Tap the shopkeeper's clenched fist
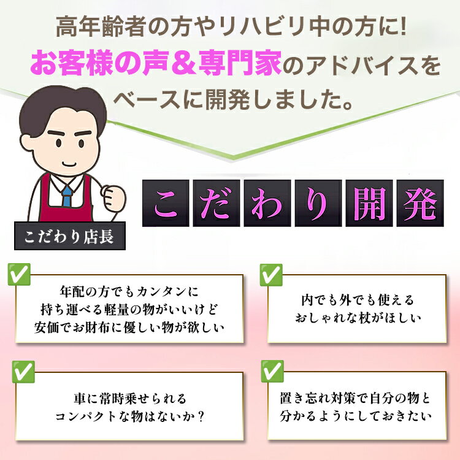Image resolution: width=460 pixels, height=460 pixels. (x=113, y=197)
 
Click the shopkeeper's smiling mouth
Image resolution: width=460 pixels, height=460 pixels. (x=69, y=164)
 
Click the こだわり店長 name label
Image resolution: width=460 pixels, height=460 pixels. (x=70, y=236)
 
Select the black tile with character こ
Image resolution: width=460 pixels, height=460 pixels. (x=166, y=203)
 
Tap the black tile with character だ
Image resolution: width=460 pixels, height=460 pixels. (x=217, y=203)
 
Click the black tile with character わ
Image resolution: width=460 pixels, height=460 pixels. (x=267, y=203)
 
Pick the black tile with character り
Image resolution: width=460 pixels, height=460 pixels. (x=318, y=203)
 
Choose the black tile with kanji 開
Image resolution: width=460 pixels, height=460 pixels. (x=369, y=203)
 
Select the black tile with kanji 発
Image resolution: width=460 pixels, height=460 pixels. (x=420, y=203)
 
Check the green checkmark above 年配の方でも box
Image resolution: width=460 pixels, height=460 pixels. (x=19, y=274)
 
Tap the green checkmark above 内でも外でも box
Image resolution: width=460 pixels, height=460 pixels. (x=271, y=275)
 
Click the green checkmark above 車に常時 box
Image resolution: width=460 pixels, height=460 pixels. (x=23, y=372)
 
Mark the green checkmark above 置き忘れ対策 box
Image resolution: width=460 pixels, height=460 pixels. (x=272, y=371)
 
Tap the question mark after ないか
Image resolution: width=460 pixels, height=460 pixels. (x=201, y=416)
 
